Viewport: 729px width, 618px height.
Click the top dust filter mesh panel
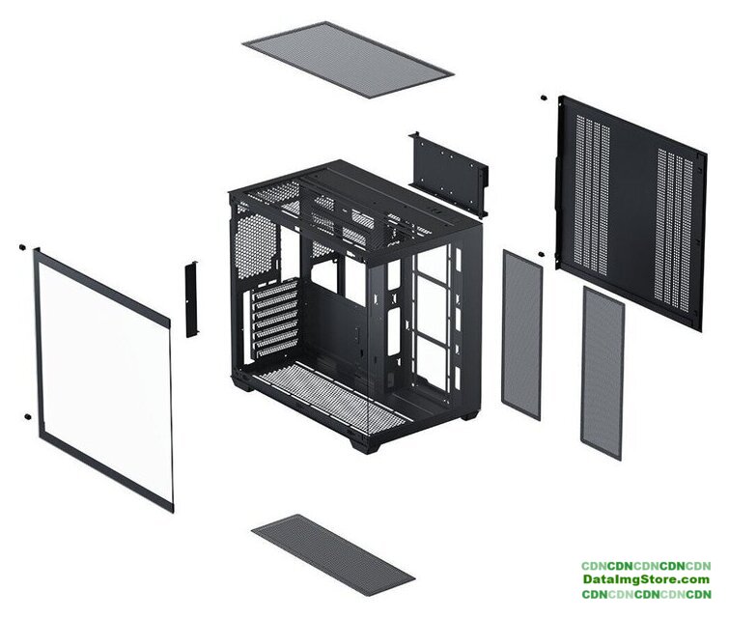[348, 60]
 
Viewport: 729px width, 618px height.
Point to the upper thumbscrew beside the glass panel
[21, 247]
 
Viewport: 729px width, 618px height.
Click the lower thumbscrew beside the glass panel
[28, 416]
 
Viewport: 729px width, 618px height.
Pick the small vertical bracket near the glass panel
[191, 299]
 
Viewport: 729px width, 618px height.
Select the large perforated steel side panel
[631, 213]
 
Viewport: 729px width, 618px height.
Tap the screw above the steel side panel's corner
[543, 98]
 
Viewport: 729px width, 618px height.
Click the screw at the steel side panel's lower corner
[541, 254]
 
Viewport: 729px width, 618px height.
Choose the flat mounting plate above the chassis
[449, 175]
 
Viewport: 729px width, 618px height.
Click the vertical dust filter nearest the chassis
[522, 334]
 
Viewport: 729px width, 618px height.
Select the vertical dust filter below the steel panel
[603, 373]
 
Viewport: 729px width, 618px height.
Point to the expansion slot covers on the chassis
[275, 319]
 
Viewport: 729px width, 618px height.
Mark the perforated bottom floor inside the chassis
[331, 397]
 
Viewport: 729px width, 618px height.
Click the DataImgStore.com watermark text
[646, 580]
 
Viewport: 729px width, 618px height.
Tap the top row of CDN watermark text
[646, 566]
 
